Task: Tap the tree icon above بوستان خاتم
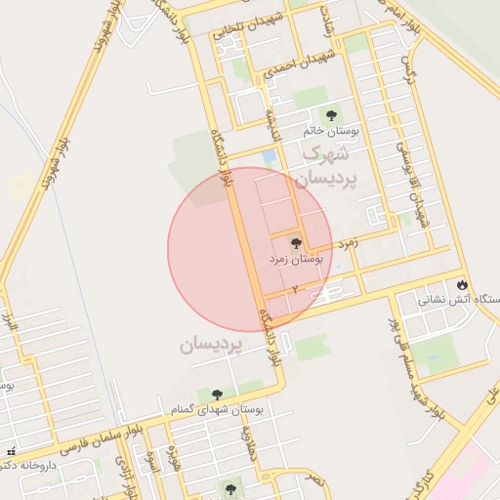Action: (x=330, y=115)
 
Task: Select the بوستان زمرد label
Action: (x=296, y=260)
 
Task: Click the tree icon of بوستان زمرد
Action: (x=296, y=243)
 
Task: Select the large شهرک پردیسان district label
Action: (x=325, y=166)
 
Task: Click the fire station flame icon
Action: (x=462, y=285)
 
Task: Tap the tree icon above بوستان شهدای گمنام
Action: (x=217, y=395)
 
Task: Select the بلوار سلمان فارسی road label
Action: (x=94, y=441)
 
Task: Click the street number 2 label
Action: (x=294, y=290)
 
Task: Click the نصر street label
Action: (x=314, y=479)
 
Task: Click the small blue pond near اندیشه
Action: (x=269, y=156)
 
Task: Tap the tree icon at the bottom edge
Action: (x=230, y=488)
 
